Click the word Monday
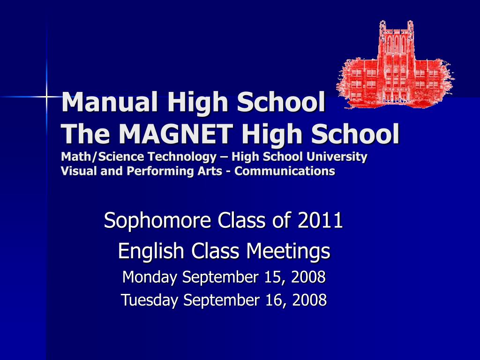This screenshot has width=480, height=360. coord(149,277)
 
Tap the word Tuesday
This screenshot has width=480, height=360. coord(150,300)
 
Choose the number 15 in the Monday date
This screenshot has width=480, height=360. coord(272,277)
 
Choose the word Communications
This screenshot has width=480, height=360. coord(285,171)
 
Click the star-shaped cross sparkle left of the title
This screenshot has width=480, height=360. coord(47,97)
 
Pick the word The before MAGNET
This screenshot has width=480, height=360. coord(85,134)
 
